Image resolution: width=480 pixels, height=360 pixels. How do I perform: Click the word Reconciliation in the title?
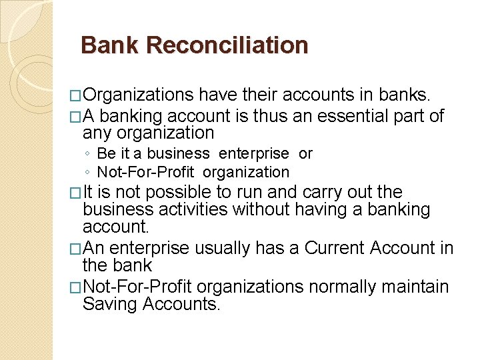point(227,45)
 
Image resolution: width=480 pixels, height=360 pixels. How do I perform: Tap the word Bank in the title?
point(109,45)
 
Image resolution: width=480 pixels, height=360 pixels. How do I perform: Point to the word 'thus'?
point(263,116)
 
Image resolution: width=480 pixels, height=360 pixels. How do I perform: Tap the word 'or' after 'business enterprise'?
point(305,153)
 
